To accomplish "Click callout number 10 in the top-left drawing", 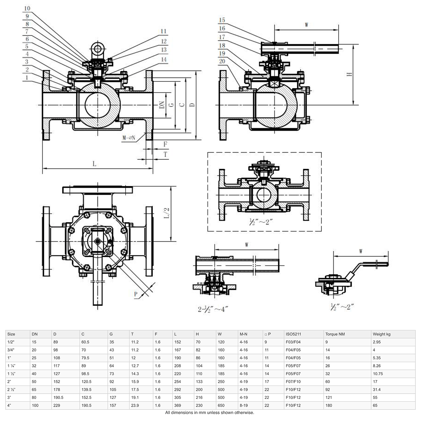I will pos(27,8).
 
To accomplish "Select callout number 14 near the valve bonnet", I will pos(163,59).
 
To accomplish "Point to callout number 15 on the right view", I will pos(222,20).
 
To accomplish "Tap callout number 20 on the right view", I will pos(222,61).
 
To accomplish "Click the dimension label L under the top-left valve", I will pos(94,164).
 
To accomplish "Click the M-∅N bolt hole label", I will pos(129,138).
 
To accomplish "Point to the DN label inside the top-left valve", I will pos(162,105).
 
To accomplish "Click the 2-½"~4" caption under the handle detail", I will pos(213,309).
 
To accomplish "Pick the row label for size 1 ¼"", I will pos(12,366).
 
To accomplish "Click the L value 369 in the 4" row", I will pos(178,405).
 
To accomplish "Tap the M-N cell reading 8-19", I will pos(244,405).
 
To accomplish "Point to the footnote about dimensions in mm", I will pos(209,413).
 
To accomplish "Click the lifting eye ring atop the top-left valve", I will pos(96,48).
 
